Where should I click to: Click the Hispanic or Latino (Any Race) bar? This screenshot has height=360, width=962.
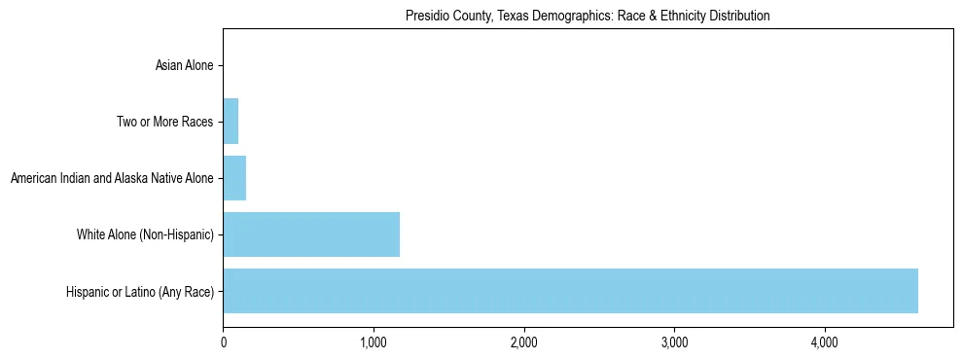[570, 291]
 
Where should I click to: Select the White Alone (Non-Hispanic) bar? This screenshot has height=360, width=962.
[311, 234]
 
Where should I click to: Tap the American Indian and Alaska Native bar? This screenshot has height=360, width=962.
[234, 178]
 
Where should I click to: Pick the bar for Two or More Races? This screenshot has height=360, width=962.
[231, 122]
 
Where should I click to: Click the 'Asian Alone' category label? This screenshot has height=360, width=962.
[184, 65]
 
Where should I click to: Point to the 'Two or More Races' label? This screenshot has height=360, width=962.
[163, 122]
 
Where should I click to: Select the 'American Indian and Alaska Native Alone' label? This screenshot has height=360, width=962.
[111, 178]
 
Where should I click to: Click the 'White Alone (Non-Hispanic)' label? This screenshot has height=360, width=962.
[145, 234]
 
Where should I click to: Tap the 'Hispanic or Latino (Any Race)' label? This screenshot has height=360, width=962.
[140, 291]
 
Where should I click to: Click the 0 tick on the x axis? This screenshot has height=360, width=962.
[224, 342]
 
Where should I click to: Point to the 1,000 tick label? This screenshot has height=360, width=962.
[374, 342]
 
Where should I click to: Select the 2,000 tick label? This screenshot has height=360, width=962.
[524, 342]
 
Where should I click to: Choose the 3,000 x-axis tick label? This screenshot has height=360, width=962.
[674, 342]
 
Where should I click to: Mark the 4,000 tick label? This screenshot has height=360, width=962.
[825, 342]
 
